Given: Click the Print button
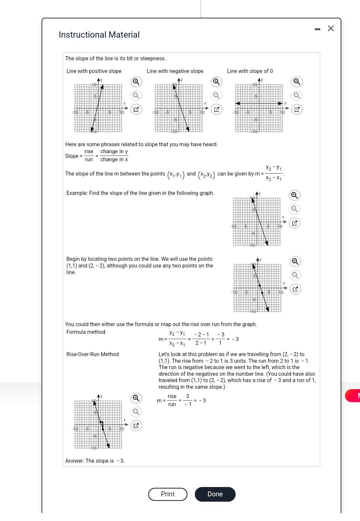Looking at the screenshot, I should point(168,494).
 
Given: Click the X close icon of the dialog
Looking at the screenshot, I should point(331,28).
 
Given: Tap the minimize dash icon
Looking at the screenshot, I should point(317,29).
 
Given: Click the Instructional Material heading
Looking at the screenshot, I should point(99,35).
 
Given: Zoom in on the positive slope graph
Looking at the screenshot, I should point(136,82).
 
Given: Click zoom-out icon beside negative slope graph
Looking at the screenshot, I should point(216,96).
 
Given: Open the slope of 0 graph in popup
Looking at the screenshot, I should point(297,109).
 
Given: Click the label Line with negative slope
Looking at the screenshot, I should point(175,71).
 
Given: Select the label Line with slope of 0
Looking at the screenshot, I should point(250,71).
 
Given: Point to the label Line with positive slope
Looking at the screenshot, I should point(94,71).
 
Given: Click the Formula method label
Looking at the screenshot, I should point(86,332).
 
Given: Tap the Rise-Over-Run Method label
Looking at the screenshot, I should point(92,354).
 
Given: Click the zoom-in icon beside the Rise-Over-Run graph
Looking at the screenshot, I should point(136,398).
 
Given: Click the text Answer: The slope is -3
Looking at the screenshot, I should point(95,461).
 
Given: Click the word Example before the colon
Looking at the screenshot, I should point(77,193).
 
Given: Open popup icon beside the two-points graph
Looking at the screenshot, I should point(295,289).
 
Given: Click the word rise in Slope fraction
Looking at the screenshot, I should point(89,152).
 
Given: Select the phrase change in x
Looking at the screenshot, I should point(114,160).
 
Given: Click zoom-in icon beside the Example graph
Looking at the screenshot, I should point(294,195).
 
